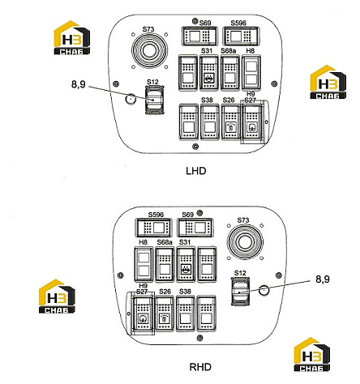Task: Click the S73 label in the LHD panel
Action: click(148, 29)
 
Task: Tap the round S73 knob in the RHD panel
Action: click(245, 241)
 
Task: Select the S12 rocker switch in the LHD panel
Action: click(155, 100)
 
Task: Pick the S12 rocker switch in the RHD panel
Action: click(240, 292)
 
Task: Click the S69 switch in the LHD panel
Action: click(199, 36)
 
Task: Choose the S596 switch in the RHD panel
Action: click(154, 228)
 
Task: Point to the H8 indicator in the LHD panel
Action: click(251, 73)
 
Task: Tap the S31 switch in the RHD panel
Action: click(186, 264)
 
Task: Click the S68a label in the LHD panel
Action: click(228, 51)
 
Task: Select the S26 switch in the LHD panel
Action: click(230, 122)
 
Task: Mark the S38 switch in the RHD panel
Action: click(186, 314)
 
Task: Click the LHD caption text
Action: click(196, 171)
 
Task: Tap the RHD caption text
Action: click(200, 367)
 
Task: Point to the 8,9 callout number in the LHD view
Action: click(78, 84)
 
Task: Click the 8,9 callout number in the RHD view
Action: click(323, 279)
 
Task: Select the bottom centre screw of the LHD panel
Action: click(195, 147)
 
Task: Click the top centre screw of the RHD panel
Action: click(199, 213)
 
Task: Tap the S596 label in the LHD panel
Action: click(238, 23)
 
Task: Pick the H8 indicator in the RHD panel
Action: click(144, 264)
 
